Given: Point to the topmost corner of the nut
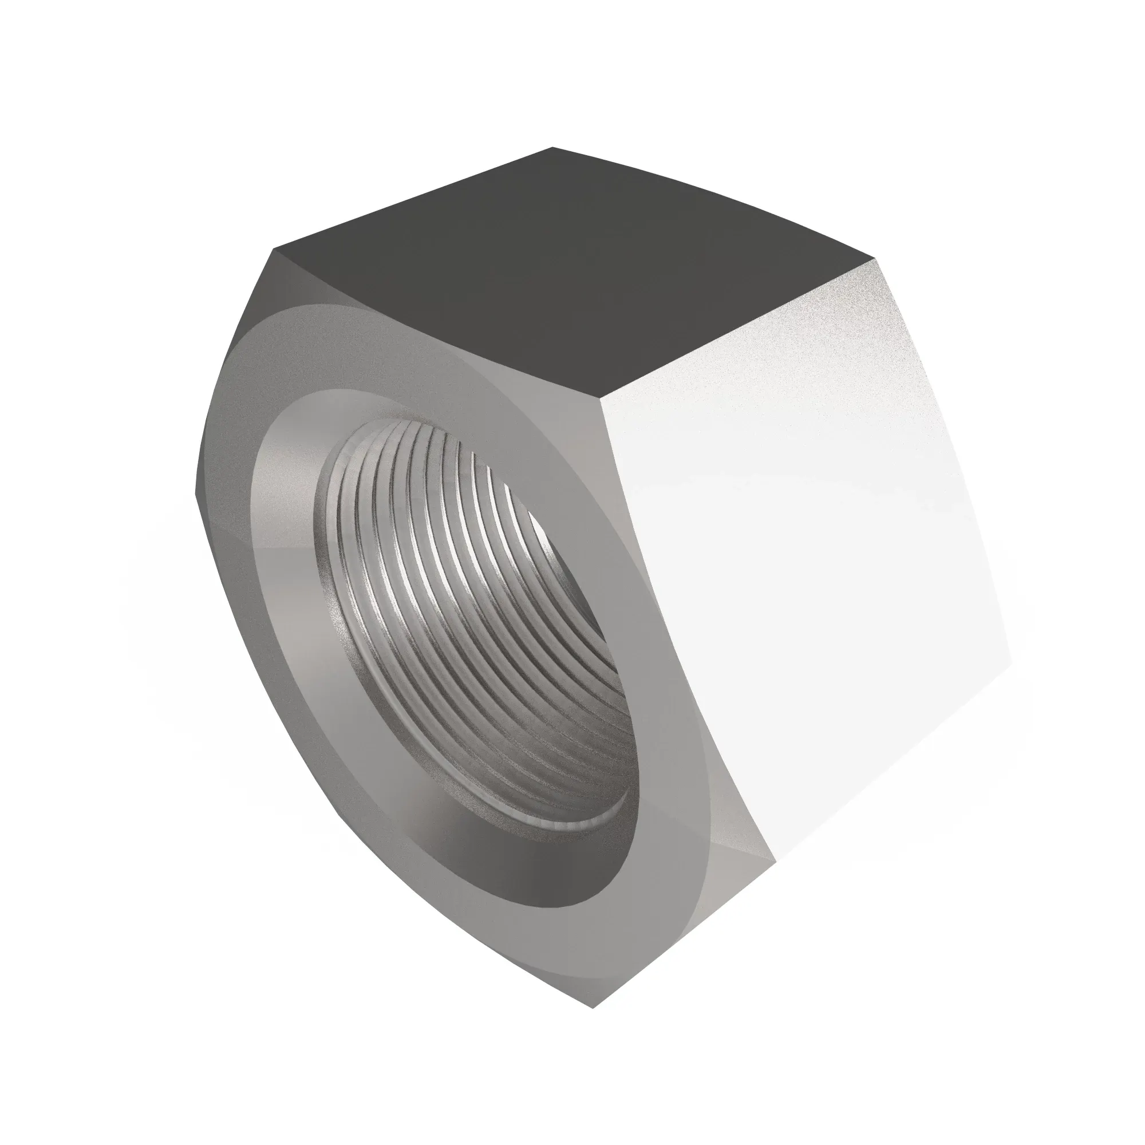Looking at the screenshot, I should (552, 147).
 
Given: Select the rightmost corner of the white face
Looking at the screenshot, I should (1011, 664).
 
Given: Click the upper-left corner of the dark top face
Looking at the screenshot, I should (274, 250).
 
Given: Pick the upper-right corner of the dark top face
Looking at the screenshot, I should (875, 258).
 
